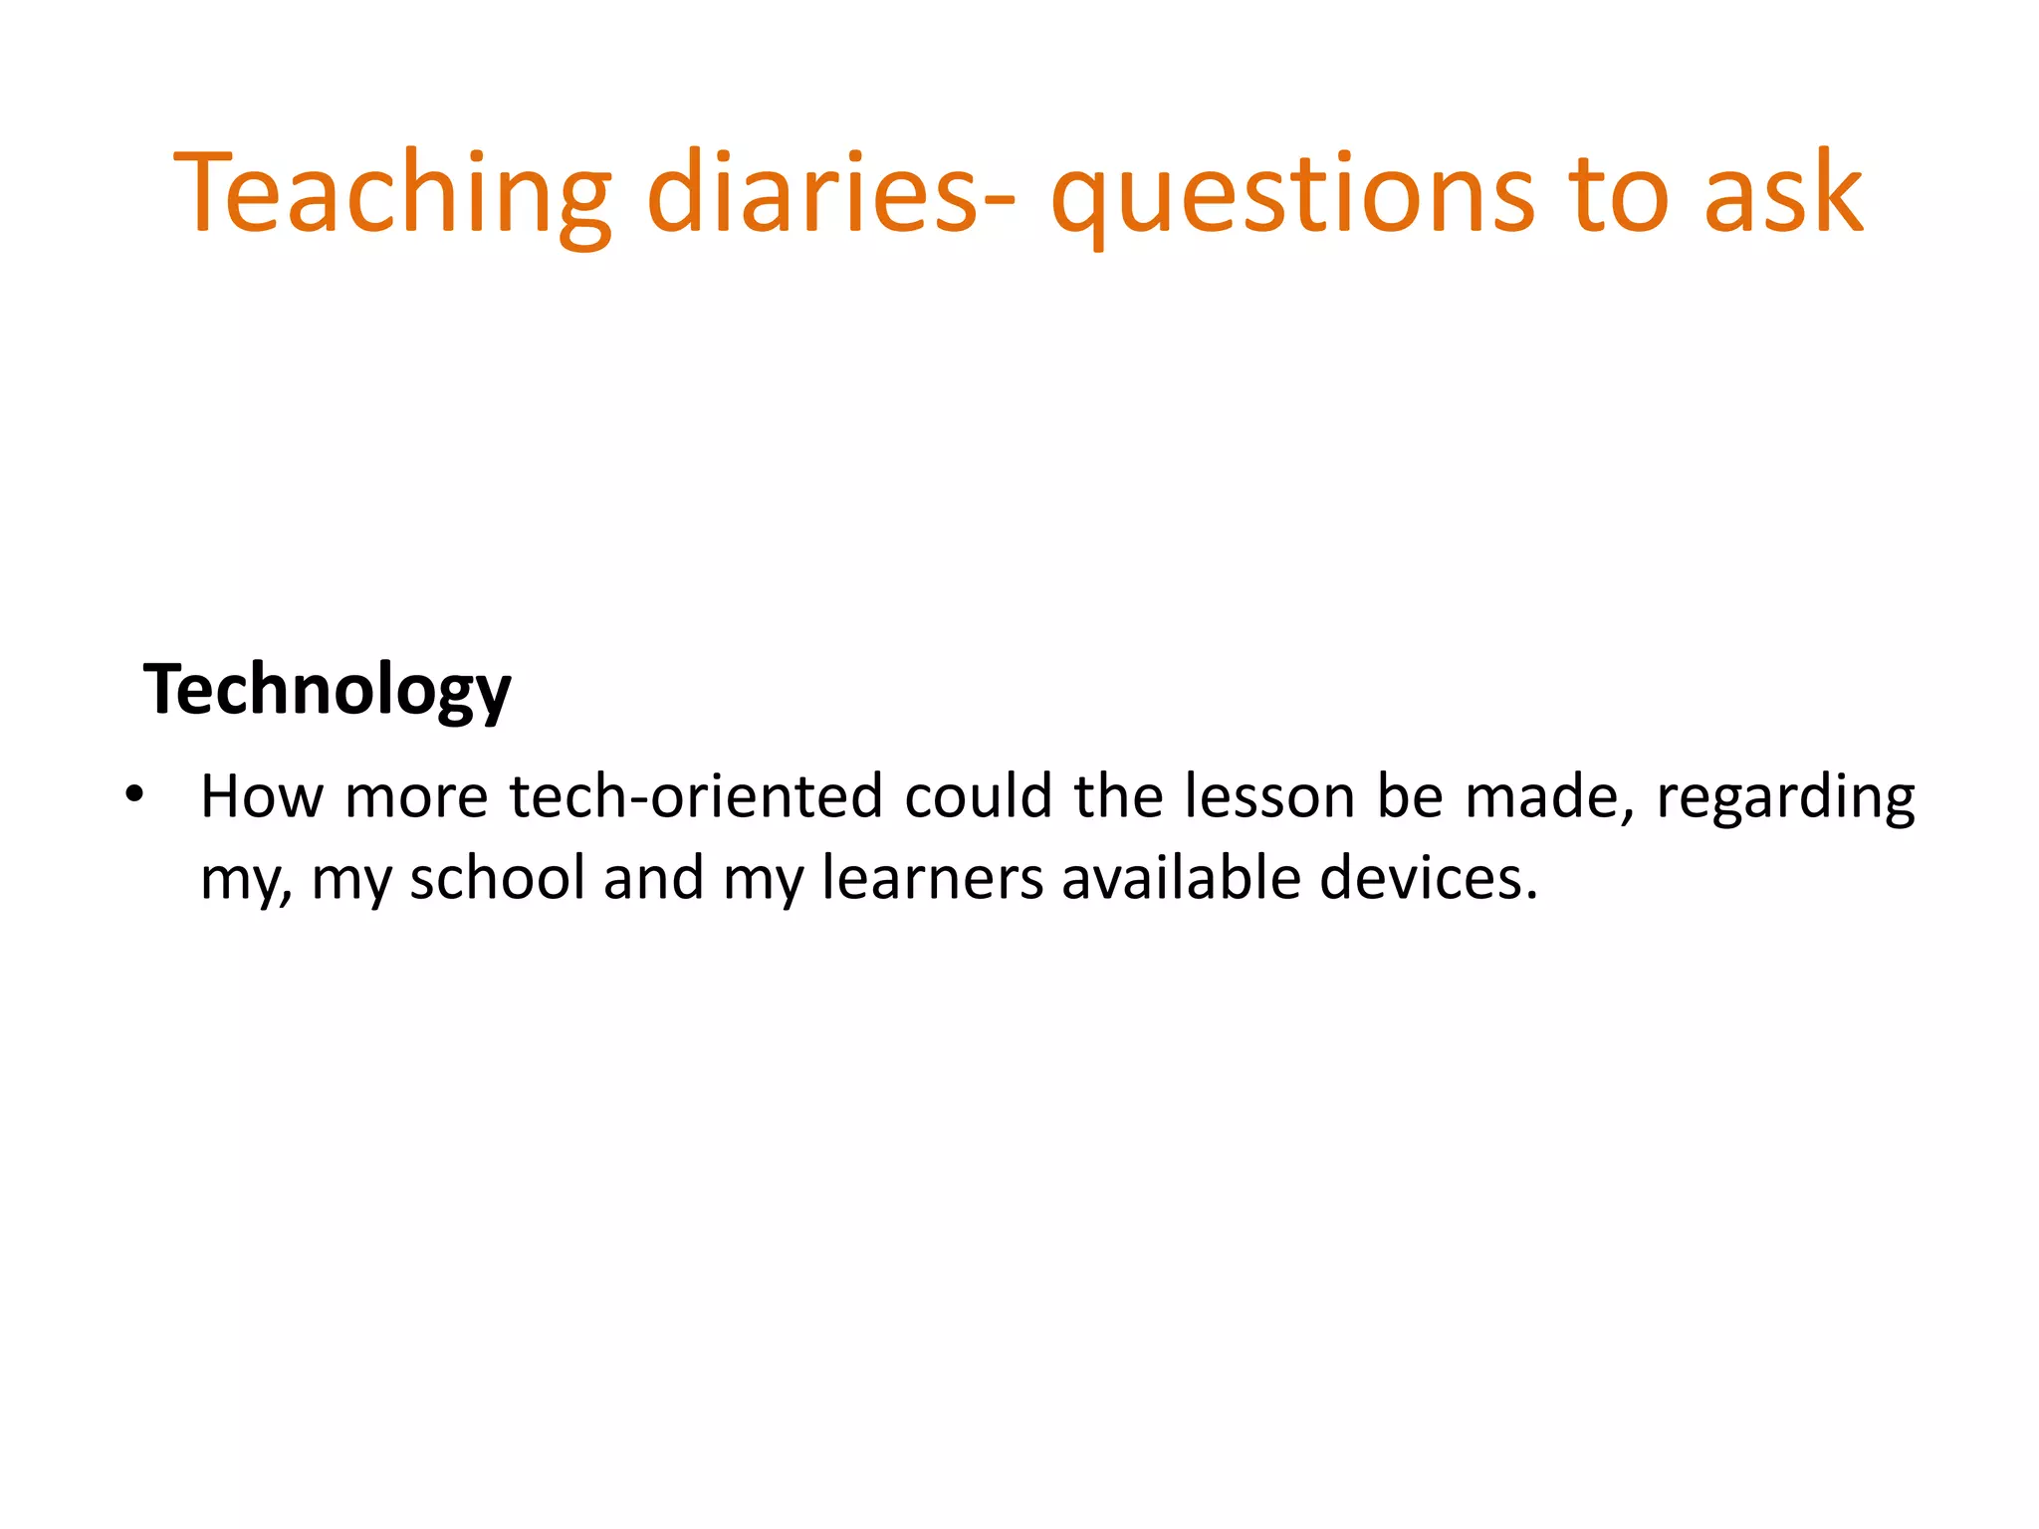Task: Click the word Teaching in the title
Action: click(391, 193)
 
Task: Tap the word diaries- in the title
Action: click(831, 193)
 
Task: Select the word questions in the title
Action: click(1292, 193)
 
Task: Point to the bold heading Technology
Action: click(327, 690)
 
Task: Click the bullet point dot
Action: click(134, 795)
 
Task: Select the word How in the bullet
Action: click(262, 797)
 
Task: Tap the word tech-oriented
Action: click(696, 797)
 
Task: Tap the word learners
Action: click(932, 879)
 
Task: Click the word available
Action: click(1181, 879)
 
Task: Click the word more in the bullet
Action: click(416, 797)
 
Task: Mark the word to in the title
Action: click(1618, 193)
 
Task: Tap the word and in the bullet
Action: click(653, 879)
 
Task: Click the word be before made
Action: click(1410, 797)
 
